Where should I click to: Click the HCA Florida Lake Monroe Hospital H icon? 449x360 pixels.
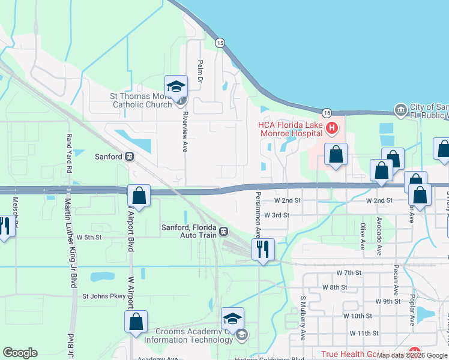tap(332, 128)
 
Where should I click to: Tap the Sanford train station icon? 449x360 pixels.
tap(128, 157)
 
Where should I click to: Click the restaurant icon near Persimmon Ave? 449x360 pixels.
tap(262, 249)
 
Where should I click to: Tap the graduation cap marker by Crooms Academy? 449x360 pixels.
tap(232, 318)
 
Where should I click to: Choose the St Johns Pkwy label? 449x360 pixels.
tap(103, 296)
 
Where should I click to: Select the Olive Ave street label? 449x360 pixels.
tap(363, 236)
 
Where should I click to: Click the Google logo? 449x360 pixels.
tap(20, 353)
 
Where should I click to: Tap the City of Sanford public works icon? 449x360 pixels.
tap(400, 110)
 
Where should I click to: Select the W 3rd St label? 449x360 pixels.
tap(277, 215)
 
